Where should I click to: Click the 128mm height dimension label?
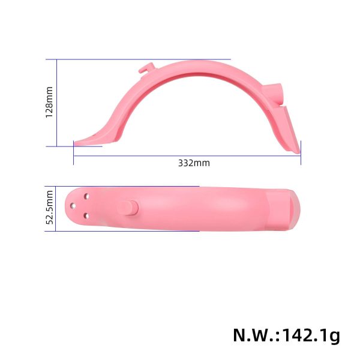pyautogui.click(x=50, y=103)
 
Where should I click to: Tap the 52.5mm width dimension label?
pyautogui.click(x=50, y=206)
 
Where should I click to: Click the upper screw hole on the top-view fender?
pyautogui.click(x=87, y=196)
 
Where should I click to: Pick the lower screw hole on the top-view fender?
pyautogui.click(x=87, y=215)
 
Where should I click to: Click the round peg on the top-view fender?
pyautogui.click(x=129, y=207)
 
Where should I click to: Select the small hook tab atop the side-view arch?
pyautogui.click(x=143, y=70)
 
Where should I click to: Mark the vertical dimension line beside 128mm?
pyautogui.click(x=57, y=103)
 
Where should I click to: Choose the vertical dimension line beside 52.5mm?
pyautogui.click(x=57, y=208)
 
